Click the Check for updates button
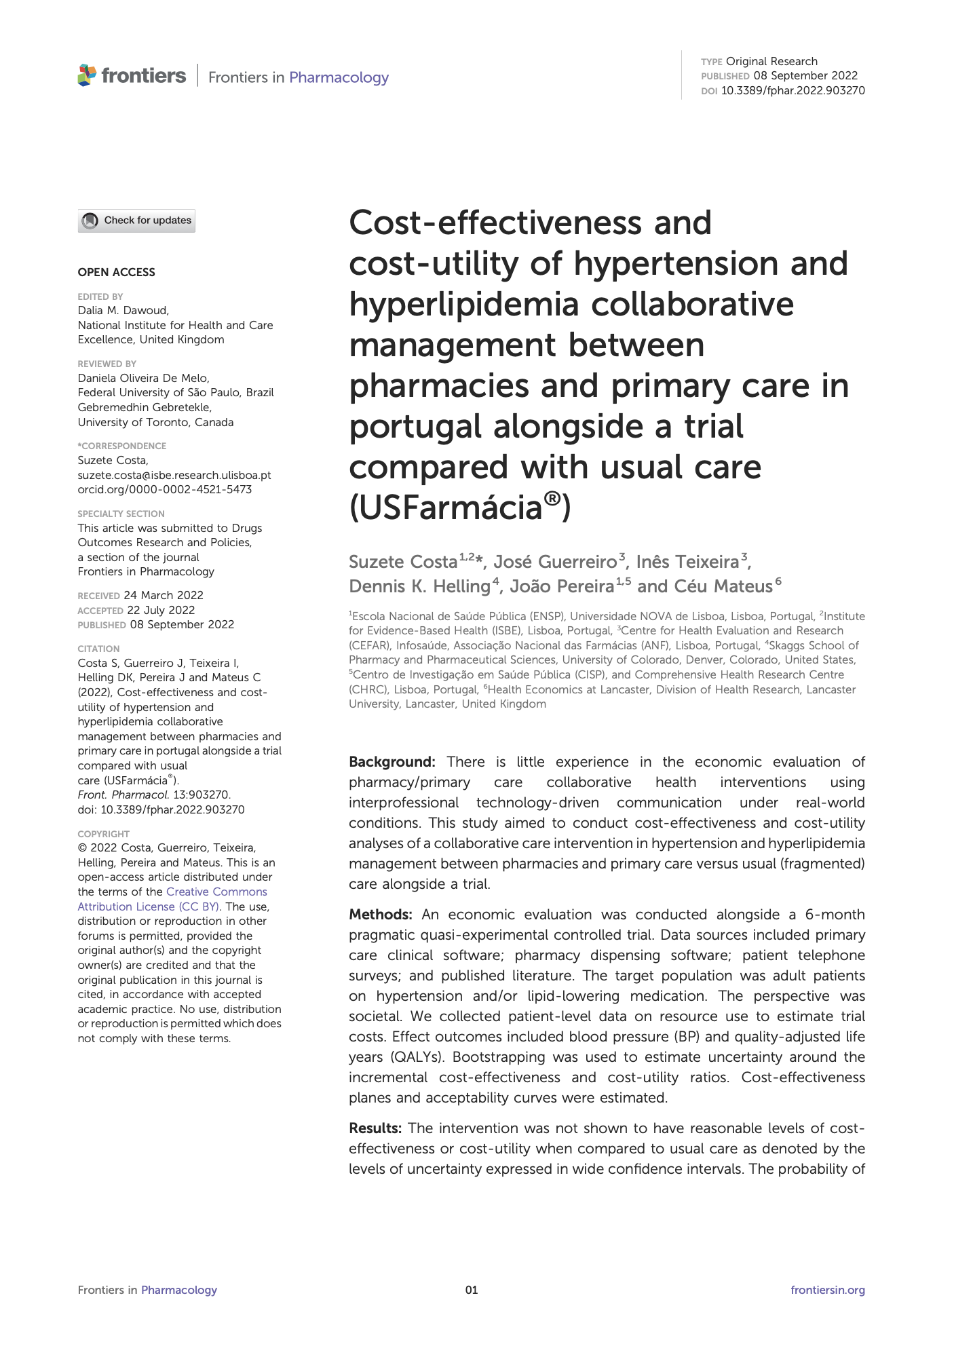(136, 221)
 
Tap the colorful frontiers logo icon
(87, 75)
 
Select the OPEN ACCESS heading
(116, 272)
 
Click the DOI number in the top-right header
(793, 90)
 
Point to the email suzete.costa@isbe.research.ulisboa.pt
(174, 475)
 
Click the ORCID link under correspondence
(165, 489)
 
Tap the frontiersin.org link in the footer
(827, 1290)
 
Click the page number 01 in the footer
(472, 1290)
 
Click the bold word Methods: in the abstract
(380, 915)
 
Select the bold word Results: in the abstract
(375, 1128)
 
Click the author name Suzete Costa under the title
(403, 562)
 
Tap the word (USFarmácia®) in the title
(459, 508)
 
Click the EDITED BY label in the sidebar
(100, 297)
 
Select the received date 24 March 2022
(164, 595)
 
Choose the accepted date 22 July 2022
(161, 610)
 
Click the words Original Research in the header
(771, 61)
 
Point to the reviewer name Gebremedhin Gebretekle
(145, 407)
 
